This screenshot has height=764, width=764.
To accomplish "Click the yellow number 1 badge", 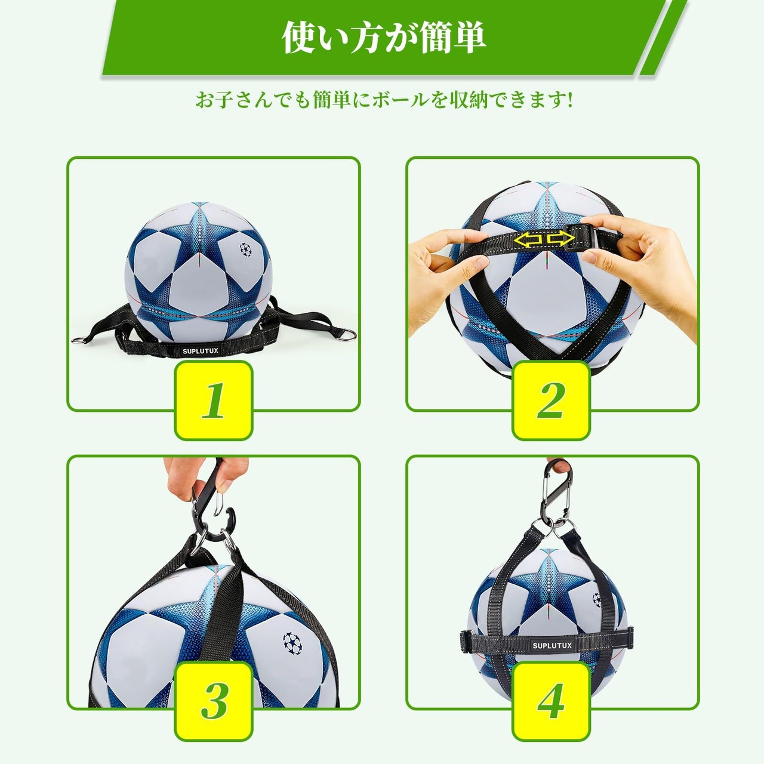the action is click(214, 400).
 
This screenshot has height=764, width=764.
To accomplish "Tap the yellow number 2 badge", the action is click(551, 400).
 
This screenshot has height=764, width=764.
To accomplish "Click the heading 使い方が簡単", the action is click(384, 38).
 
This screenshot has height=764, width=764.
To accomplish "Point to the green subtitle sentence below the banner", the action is click(384, 101).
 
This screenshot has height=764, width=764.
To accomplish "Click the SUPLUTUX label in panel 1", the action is click(200, 351).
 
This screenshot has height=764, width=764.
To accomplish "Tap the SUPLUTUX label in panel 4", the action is click(552, 645).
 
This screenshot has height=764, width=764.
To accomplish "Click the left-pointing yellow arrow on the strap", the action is click(529, 239).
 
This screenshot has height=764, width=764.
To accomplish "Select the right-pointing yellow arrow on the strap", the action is click(560, 239).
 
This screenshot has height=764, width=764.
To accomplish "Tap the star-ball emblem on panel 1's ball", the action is click(246, 249).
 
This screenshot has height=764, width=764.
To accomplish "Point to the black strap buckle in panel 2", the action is click(573, 238).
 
